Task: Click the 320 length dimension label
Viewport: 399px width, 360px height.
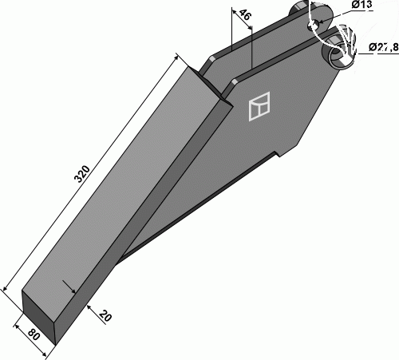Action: coord(82,174)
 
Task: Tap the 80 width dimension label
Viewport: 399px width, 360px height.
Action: coord(34,334)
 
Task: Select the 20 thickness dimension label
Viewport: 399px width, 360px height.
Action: coord(105,316)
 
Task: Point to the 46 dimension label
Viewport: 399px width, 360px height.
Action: coord(245,14)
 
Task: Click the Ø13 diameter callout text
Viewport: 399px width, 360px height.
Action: coord(361,5)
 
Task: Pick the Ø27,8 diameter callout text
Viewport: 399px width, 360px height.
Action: coord(384,47)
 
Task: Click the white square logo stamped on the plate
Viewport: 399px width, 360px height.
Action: coord(259,106)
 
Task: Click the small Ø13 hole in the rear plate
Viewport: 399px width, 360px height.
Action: coord(313,25)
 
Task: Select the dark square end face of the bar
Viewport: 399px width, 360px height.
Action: coord(38,318)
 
